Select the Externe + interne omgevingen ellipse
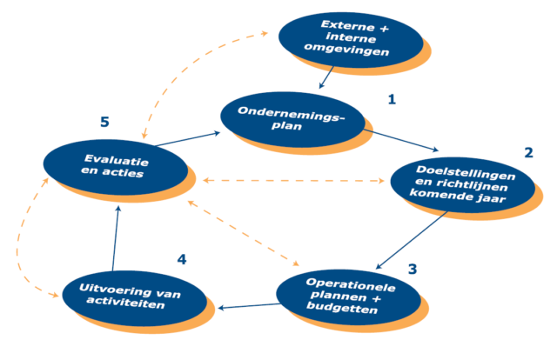tap(350, 37)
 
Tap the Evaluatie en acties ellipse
tap(112, 166)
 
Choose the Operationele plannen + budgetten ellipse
tap(346, 296)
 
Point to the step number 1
tap(392, 99)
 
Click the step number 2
tap(527, 152)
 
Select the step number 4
tap(181, 259)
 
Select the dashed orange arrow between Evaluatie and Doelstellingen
tap(292, 181)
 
